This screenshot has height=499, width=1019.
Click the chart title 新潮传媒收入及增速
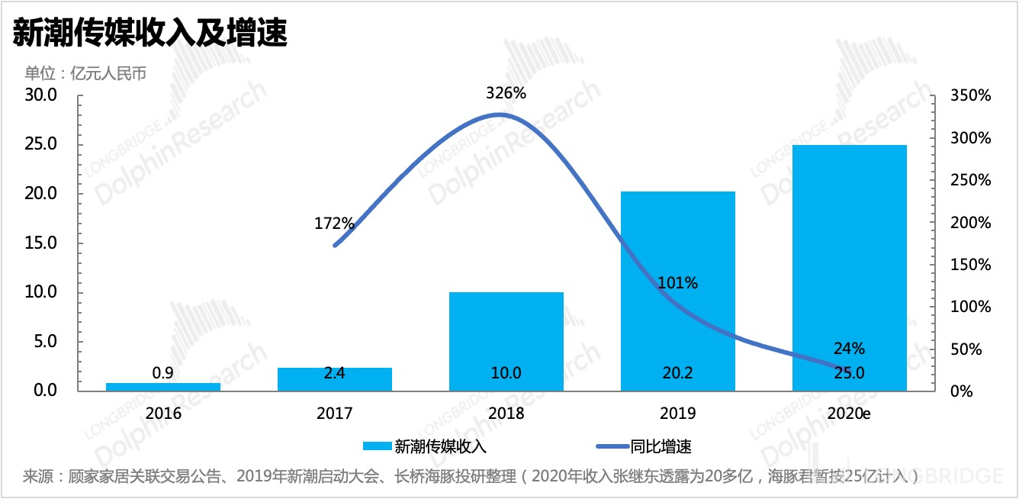[x=149, y=34]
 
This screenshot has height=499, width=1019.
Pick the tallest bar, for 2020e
[x=850, y=267]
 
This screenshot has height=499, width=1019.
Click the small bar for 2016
[x=163, y=387]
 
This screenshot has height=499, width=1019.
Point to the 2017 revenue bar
[x=335, y=379]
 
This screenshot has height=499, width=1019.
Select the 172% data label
[x=334, y=224]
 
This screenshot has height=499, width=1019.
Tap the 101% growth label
[x=678, y=283]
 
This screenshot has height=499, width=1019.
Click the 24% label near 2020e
[x=850, y=349]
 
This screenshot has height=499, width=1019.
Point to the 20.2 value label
[x=678, y=373]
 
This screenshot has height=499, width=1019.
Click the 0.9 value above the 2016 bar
[x=163, y=373]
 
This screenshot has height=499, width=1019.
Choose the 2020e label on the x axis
[x=850, y=414]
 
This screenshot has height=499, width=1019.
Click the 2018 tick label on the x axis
[x=506, y=414]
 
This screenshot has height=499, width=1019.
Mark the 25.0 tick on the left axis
[x=42, y=144]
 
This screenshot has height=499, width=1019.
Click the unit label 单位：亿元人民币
[x=85, y=73]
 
